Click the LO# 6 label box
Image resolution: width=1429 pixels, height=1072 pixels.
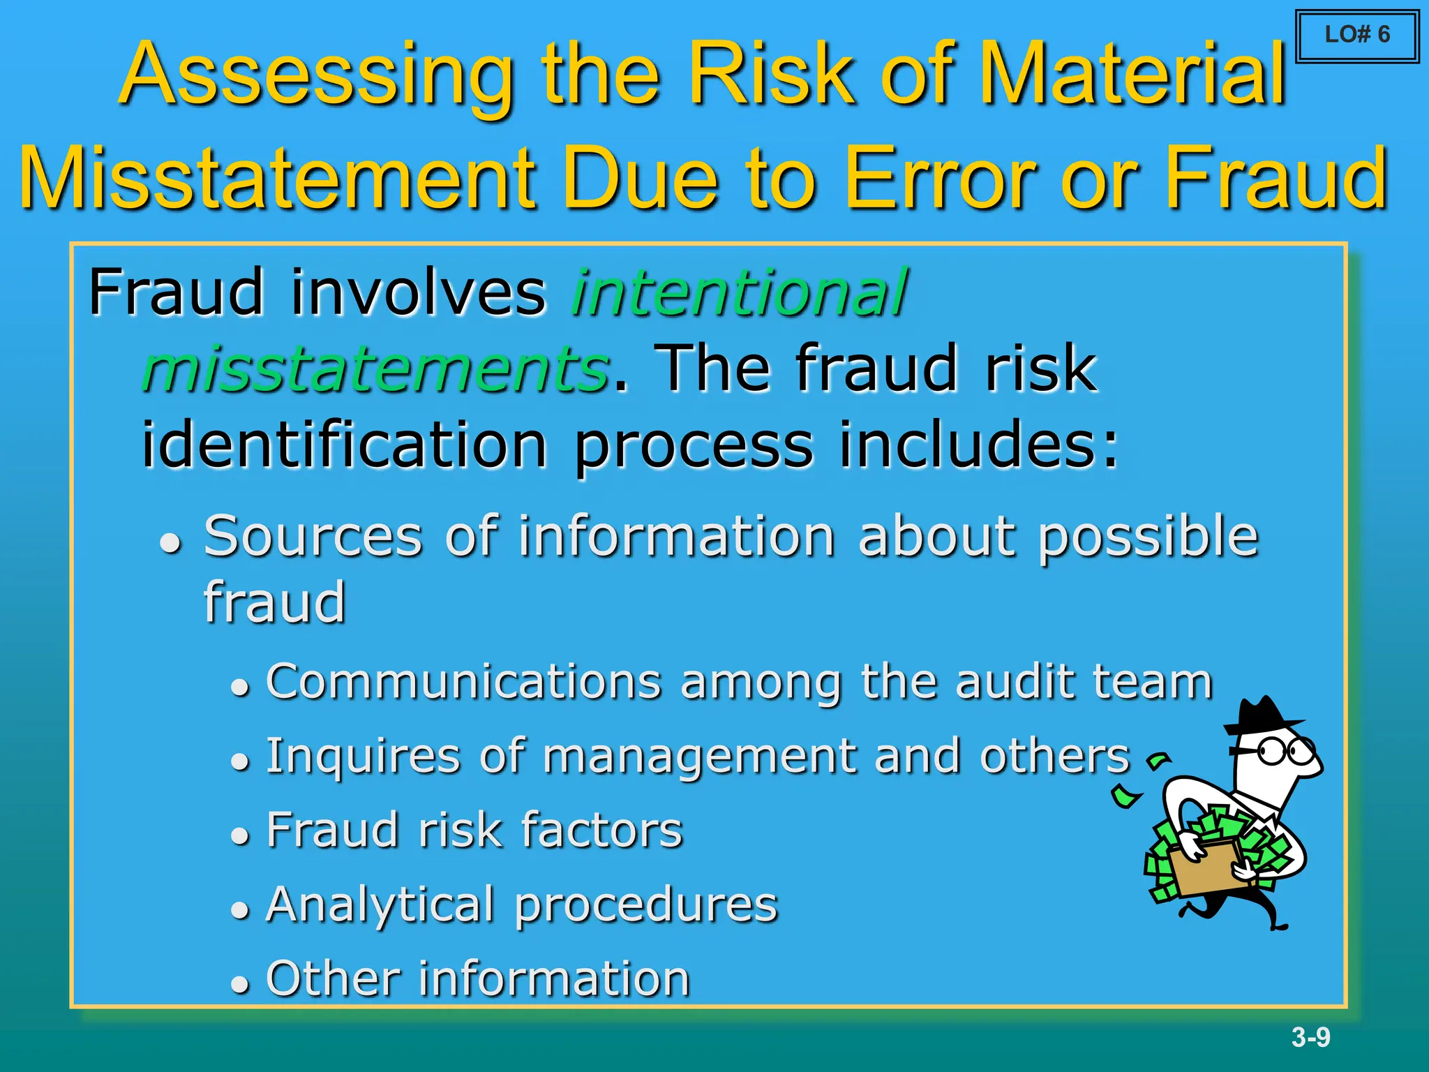(x=1357, y=35)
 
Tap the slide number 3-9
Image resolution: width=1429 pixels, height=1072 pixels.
(x=1310, y=1037)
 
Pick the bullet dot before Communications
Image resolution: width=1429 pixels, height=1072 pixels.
(x=240, y=687)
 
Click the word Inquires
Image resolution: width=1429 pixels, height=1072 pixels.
(x=363, y=757)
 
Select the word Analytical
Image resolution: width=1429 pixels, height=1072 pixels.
(x=380, y=905)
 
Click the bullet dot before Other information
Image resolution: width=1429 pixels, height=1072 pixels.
(x=240, y=984)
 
